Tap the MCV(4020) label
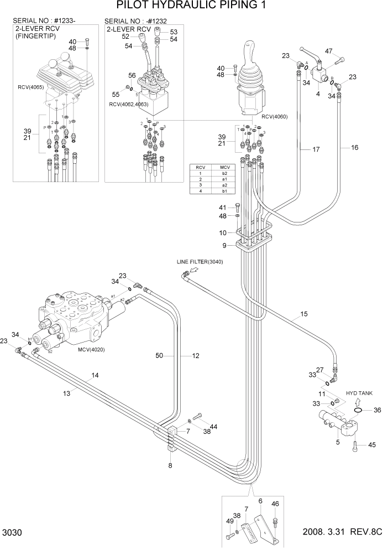[x=91, y=349]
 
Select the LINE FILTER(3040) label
[x=200, y=262]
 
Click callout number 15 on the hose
[x=304, y=315]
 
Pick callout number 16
[x=355, y=148]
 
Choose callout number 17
[x=316, y=149]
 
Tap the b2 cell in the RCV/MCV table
[x=224, y=173]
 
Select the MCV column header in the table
[x=224, y=167]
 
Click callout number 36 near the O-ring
[x=377, y=410]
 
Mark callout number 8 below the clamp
[x=170, y=465]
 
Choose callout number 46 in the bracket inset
[x=275, y=504]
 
